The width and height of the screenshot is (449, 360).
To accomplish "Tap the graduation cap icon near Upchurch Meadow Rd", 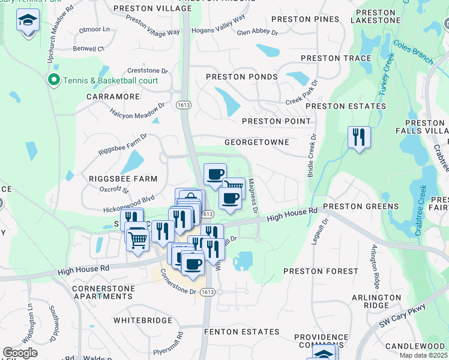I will (x=28, y=22).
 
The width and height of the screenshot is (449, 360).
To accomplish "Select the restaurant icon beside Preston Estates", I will (x=359, y=137).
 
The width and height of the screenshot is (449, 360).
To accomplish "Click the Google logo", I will (x=20, y=353).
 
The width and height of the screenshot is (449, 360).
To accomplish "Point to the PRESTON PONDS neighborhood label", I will (x=241, y=77).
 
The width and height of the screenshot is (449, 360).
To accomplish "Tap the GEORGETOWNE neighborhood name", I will (x=256, y=142).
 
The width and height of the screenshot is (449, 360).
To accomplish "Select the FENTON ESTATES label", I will (x=241, y=331).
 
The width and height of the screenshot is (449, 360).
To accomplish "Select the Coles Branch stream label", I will (x=413, y=52).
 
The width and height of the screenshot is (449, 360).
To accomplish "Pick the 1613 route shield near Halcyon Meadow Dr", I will (x=183, y=104).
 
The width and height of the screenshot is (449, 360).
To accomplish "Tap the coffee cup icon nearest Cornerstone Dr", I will (x=192, y=263).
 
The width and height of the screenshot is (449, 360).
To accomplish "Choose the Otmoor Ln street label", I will (x=98, y=29).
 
